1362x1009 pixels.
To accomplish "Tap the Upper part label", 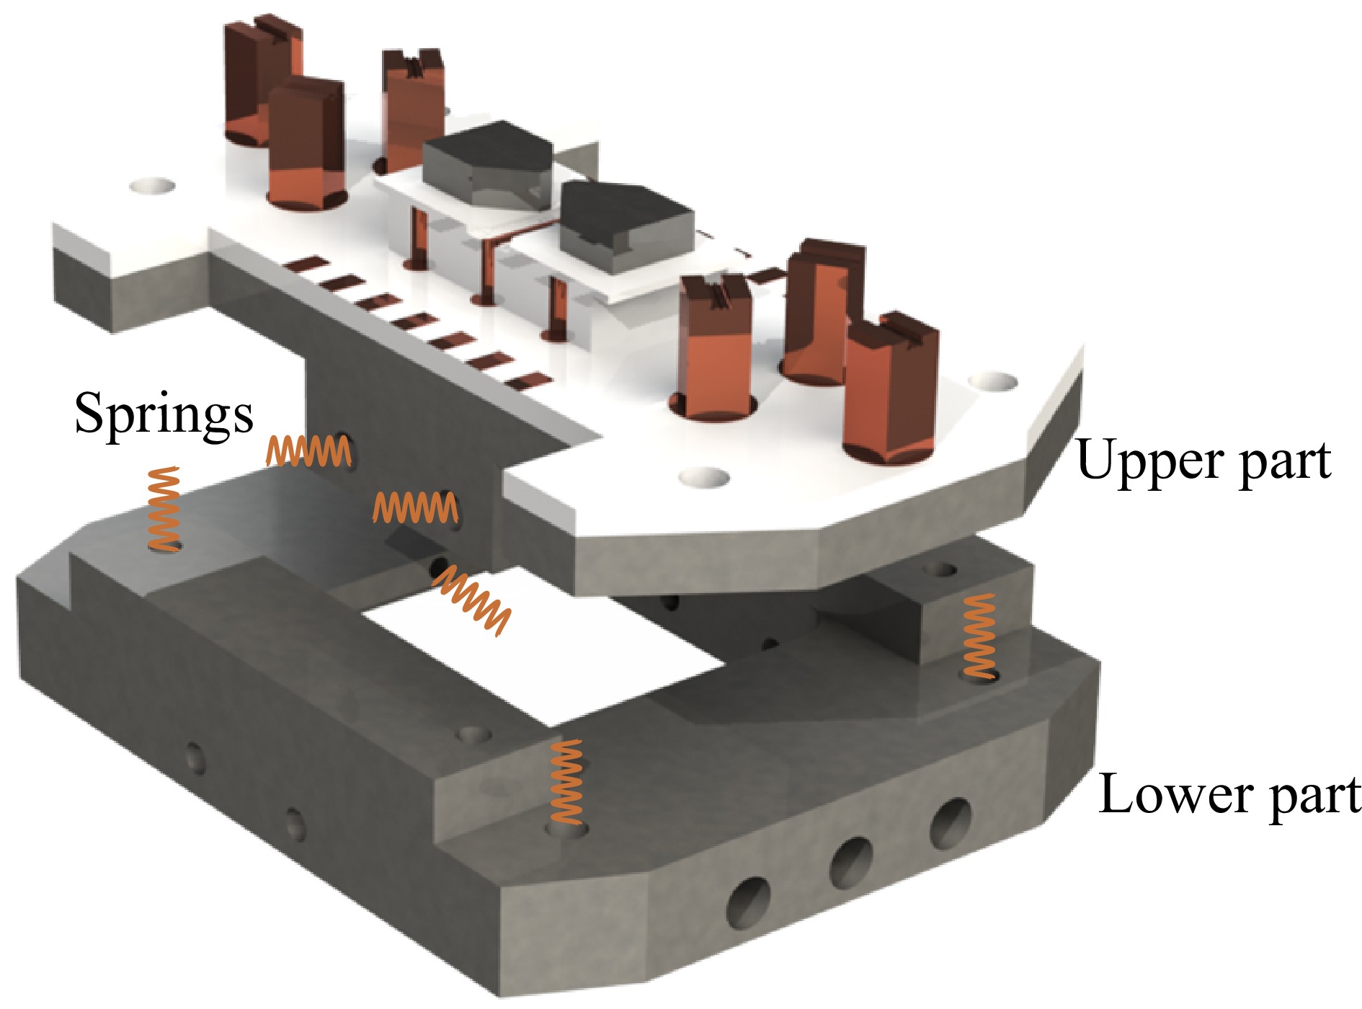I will [1203, 461].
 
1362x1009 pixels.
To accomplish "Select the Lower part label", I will [1229, 795].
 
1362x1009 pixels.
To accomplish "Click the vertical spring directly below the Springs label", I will [164, 508].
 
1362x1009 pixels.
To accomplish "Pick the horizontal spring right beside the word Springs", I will [308, 451].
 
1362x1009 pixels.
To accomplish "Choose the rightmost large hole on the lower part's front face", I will [950, 822].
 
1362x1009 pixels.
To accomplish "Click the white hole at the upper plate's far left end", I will [152, 187].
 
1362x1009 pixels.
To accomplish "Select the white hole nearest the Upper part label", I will [995, 381].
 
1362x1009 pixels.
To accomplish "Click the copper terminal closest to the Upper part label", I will [890, 389].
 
